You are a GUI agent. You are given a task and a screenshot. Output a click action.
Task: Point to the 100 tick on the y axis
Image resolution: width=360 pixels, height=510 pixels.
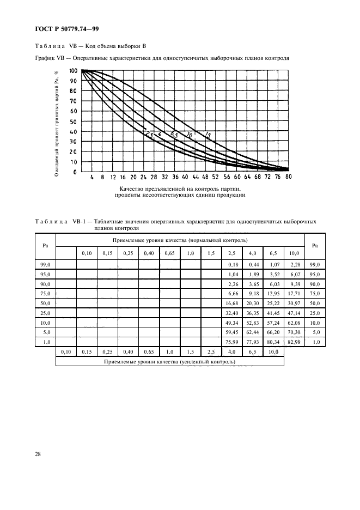(x=73, y=71)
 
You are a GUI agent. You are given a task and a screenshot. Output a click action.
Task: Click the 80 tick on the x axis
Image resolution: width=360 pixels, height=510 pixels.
(x=288, y=177)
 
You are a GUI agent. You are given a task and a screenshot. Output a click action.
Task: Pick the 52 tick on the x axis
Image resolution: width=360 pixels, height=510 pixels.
(x=216, y=177)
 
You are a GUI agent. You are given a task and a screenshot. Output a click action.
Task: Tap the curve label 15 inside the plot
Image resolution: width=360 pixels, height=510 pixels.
(x=207, y=135)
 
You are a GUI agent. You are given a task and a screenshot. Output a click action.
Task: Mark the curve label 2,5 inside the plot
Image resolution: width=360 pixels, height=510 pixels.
(x=148, y=134)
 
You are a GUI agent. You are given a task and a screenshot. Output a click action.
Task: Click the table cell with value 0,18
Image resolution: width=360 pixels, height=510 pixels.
(x=233, y=264)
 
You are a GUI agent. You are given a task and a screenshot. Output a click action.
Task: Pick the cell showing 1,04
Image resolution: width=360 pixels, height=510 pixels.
(x=233, y=274)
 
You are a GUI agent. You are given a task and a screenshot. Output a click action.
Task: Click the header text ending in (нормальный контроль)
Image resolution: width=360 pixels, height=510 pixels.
(x=180, y=240)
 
